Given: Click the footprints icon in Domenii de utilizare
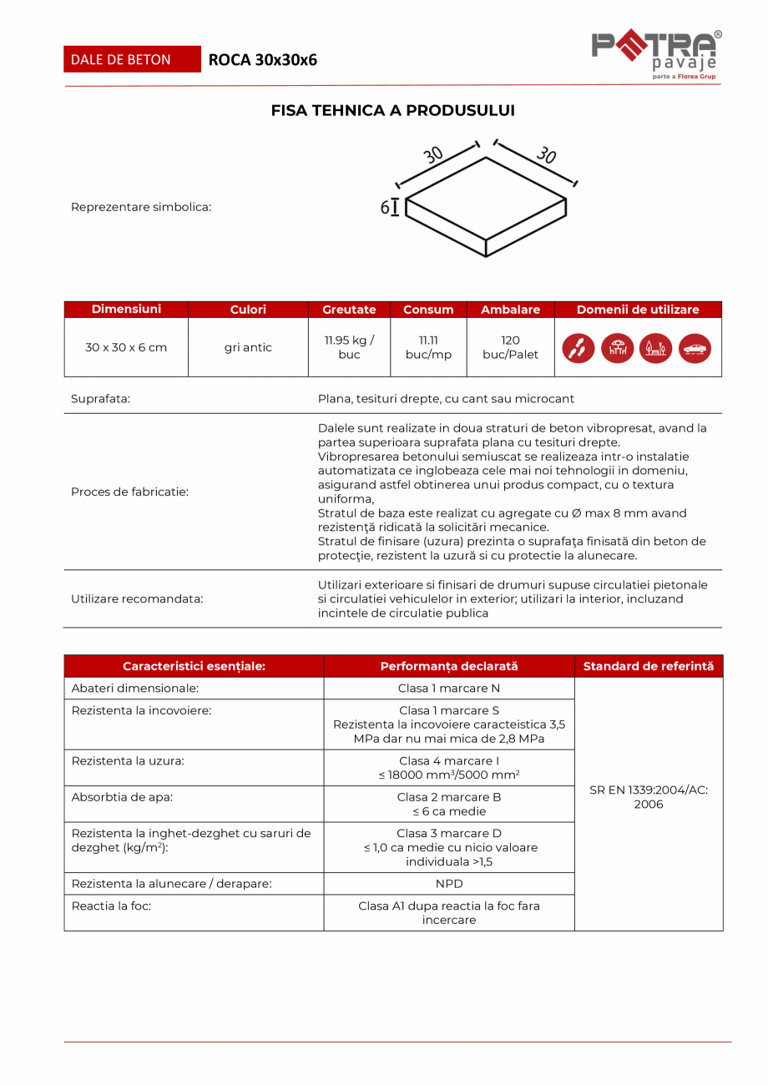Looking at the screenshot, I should [579, 348].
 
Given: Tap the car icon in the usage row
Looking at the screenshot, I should [695, 348].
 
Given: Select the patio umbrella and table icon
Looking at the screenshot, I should [617, 348].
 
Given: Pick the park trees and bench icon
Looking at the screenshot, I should [656, 348].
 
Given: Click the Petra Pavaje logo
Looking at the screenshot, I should [656, 54].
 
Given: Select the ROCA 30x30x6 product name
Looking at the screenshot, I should [262, 60].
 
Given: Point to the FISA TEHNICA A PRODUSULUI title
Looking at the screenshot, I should [392, 110].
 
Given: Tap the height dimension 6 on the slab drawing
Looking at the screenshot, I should [385, 208].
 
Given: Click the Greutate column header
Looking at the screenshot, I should [349, 310].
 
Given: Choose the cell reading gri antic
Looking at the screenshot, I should [248, 347].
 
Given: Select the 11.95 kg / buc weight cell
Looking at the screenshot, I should [349, 347].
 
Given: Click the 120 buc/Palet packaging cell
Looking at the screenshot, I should [510, 347].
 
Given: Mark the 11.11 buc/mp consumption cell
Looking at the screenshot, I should [428, 347].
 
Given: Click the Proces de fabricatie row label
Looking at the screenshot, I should [129, 492].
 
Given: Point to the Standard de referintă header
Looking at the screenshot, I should [648, 666].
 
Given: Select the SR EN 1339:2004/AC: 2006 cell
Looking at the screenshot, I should [648, 797].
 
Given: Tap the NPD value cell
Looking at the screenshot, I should [448, 883].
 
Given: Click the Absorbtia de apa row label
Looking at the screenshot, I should [122, 797].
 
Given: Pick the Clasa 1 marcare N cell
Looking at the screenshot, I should [448, 689].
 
